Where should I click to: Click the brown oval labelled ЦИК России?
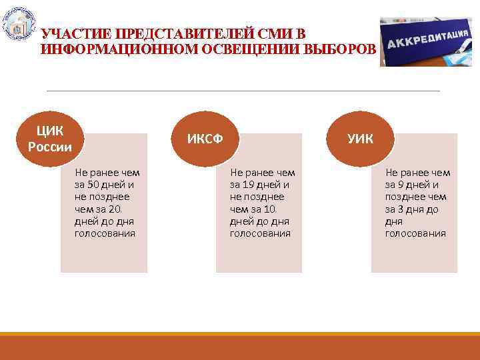(50, 137)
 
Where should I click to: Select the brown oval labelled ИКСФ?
(205, 138)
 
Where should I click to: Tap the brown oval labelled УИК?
(361, 138)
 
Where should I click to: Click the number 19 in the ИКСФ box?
(252, 185)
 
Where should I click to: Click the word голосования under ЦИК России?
(105, 233)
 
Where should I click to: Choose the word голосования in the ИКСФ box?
(260, 233)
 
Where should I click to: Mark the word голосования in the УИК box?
(415, 233)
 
